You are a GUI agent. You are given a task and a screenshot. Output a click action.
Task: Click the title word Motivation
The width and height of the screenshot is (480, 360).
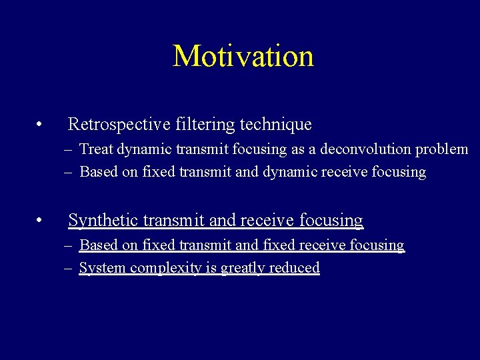243,56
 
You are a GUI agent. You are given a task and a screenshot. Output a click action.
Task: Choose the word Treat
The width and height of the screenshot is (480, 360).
95,149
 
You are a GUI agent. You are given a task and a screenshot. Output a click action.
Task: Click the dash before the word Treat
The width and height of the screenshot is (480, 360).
69,150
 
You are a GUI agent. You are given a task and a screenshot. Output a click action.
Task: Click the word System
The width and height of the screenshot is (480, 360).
102,268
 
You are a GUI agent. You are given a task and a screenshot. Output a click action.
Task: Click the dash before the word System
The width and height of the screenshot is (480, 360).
69,269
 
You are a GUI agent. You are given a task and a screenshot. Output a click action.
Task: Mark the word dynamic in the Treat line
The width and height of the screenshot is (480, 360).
139,150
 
